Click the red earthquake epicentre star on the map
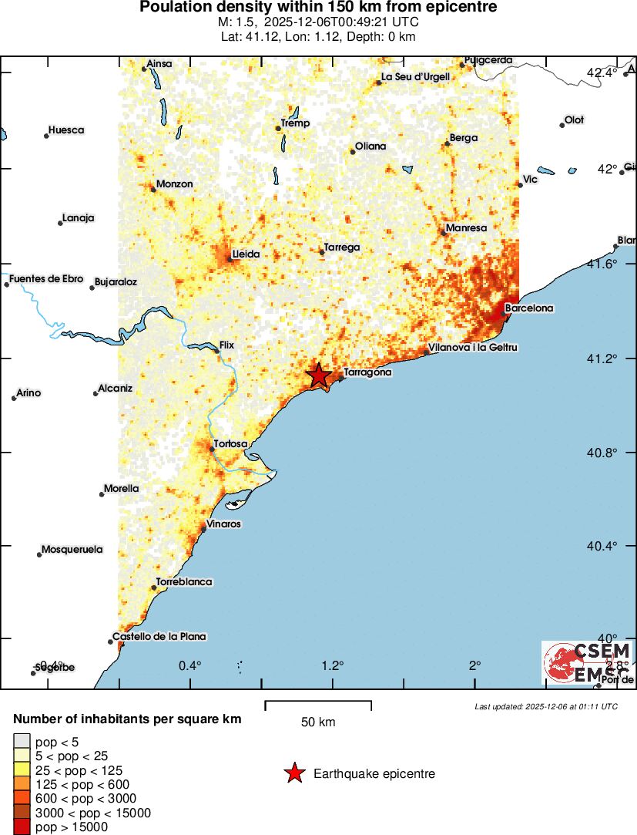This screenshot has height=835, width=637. (x=318, y=375)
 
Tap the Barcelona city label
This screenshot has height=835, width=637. (x=528, y=308)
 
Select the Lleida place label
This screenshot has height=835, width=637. (x=246, y=254)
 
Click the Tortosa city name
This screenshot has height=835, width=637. (x=230, y=444)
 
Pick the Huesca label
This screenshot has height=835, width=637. (x=66, y=130)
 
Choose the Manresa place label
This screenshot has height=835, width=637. (x=466, y=228)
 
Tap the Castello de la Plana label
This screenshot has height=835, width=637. (x=159, y=637)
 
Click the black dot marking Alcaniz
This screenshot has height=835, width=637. (x=96, y=393)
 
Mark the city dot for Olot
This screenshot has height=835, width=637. (x=562, y=125)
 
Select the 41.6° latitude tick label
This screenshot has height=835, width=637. (x=602, y=264)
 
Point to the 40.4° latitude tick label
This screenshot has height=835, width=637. (x=602, y=546)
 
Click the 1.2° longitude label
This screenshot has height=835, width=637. (x=333, y=665)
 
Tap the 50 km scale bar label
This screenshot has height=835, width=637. (x=318, y=722)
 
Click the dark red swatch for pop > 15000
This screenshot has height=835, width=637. (x=22, y=827)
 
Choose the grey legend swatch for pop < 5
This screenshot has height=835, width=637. (x=22, y=742)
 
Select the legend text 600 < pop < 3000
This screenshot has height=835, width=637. (x=85, y=798)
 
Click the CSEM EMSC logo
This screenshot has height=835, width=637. (x=588, y=662)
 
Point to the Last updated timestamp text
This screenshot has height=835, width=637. (x=546, y=706)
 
